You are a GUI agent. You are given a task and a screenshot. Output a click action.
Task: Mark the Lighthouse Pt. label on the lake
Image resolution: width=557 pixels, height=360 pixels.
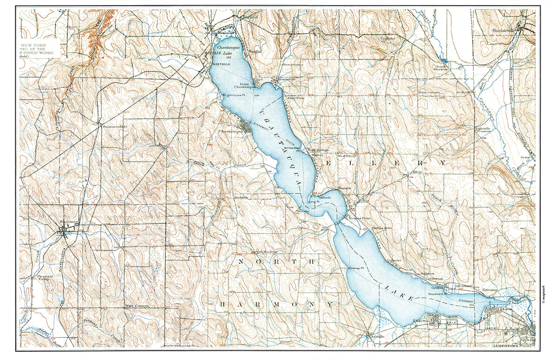234,94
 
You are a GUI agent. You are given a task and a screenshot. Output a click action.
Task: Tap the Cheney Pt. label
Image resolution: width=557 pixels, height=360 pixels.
354,269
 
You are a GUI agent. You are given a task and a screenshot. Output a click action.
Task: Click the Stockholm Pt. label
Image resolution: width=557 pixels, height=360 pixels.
437,294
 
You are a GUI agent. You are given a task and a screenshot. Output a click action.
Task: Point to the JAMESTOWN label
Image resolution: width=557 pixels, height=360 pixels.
507,348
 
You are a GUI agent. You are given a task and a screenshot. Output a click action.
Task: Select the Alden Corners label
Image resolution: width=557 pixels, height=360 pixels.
429,92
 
